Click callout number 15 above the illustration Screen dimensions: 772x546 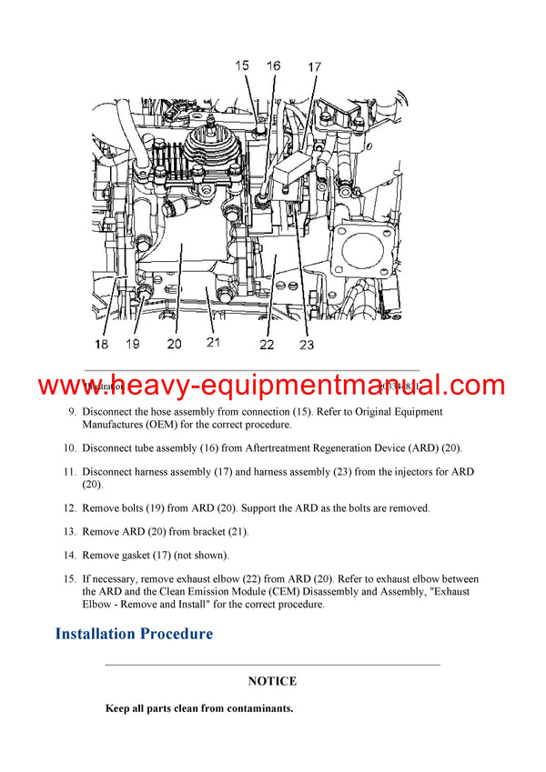(x=242, y=65)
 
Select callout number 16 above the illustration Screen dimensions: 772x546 (x=274, y=65)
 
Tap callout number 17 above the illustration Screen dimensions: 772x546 (x=314, y=66)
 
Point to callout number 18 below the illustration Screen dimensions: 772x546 (x=101, y=344)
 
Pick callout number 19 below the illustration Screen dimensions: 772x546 (x=134, y=344)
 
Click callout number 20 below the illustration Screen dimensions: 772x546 (x=174, y=344)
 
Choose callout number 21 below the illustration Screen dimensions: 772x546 (x=214, y=344)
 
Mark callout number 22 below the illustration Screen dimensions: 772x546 (x=266, y=345)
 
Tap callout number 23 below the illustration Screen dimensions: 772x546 (x=306, y=345)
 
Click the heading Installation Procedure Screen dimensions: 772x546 (x=134, y=633)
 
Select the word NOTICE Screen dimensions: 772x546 (x=272, y=680)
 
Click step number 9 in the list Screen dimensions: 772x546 (x=73, y=412)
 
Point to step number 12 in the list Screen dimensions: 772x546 (x=70, y=507)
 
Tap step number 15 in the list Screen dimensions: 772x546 (x=70, y=578)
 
